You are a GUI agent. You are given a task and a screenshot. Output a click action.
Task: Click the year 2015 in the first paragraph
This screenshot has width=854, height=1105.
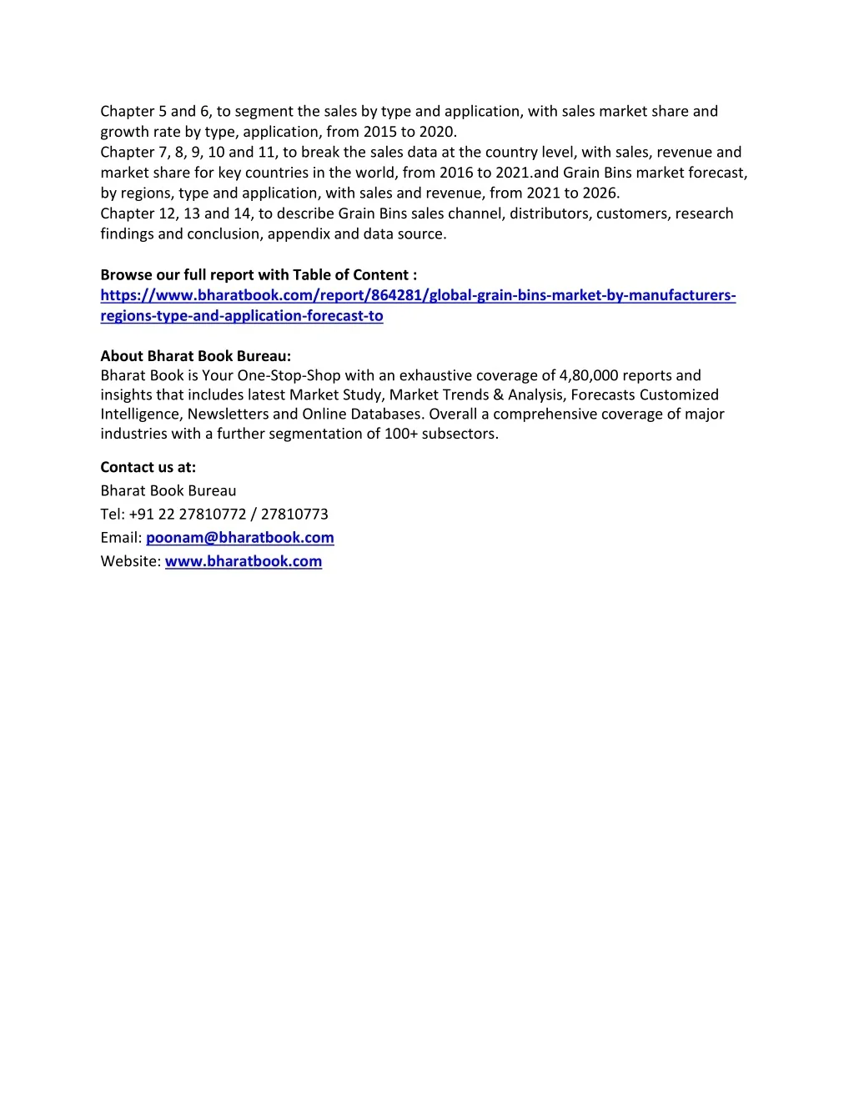380,132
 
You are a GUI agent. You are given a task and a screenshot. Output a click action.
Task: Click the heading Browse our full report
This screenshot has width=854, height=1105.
259,274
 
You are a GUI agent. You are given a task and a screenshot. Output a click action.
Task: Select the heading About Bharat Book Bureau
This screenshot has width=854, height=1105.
196,356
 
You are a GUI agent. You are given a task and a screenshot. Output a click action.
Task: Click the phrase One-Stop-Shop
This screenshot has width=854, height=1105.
289,375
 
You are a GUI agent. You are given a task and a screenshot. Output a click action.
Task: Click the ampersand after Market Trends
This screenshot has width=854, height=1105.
499,394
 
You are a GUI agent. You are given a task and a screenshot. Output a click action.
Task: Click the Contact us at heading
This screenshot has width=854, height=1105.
148,467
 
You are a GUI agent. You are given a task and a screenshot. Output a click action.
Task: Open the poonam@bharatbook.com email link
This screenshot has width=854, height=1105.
240,538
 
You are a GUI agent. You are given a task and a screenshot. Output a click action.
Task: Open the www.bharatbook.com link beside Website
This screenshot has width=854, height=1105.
244,561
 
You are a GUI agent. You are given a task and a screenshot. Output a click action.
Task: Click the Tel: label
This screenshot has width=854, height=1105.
113,514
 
